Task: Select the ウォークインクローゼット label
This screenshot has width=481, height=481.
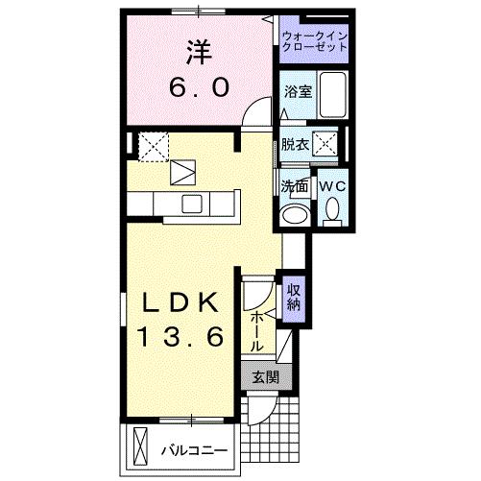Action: [313, 43]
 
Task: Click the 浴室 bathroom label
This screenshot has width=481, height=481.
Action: [297, 92]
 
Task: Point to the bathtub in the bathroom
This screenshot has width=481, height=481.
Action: [331, 94]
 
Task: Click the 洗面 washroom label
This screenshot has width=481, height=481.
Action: [294, 185]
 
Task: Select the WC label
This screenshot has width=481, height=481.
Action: [331, 185]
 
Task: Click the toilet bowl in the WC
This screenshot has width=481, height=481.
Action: [332, 208]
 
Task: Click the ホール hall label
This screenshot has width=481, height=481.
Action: [258, 329]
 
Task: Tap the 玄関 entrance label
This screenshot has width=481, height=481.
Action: [265, 378]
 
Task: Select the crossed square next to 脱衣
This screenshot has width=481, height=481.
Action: [326, 145]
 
